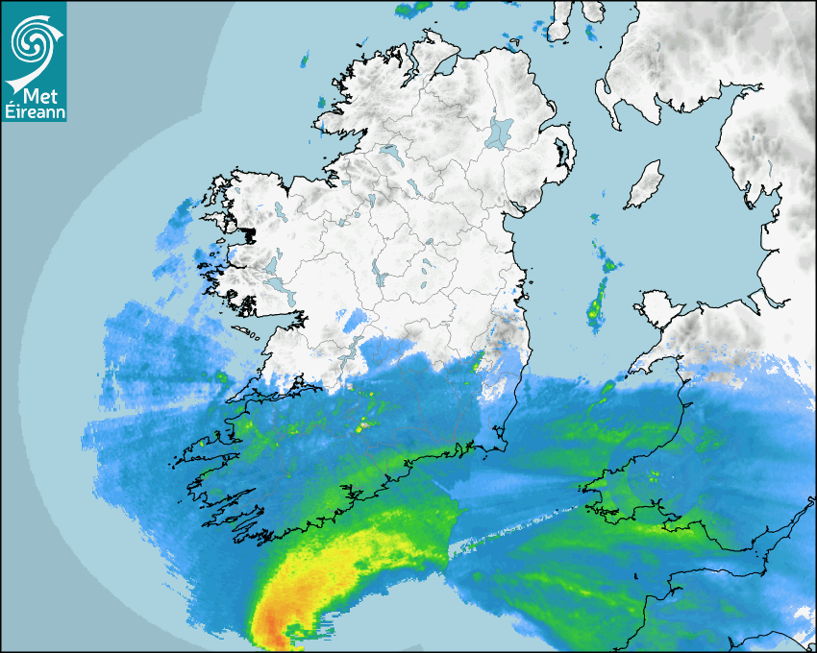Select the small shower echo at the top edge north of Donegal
tap(414, 9)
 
